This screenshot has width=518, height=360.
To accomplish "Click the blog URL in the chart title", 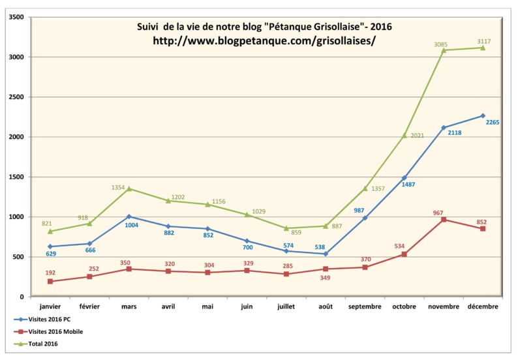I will click(264, 40).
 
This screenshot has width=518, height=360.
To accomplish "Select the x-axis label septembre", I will click(365, 306).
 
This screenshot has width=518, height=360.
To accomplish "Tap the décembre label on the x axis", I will click(483, 306).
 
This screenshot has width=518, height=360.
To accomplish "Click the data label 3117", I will click(484, 40).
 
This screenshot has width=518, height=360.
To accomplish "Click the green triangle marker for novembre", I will click(444, 50).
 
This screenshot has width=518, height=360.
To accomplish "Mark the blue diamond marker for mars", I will click(129, 217).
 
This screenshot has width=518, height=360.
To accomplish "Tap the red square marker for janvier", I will click(50, 281).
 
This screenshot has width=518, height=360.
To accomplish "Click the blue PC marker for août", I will click(326, 254).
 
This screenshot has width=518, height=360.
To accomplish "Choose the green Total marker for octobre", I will click(404, 135).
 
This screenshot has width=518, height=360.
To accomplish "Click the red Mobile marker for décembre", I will click(483, 228).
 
